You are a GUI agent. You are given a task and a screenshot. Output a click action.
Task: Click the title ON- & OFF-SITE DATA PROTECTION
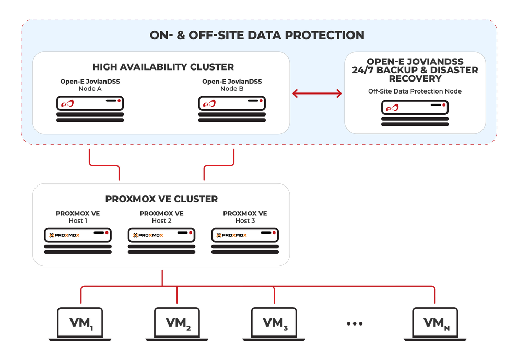point(257,36)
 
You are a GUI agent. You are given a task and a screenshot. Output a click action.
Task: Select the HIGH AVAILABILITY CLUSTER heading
point(163,67)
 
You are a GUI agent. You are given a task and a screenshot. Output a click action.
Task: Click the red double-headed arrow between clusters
point(317,94)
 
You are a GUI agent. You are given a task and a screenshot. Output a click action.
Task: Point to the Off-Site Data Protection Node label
point(415,91)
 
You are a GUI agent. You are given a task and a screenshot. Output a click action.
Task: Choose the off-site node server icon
point(415,112)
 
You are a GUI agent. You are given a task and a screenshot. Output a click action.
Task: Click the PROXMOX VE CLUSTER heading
point(161,199)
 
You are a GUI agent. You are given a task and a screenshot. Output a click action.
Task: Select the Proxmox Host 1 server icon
point(78,240)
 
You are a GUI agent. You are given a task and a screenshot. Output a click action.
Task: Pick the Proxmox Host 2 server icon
point(161,240)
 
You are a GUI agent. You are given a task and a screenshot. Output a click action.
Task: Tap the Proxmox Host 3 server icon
point(245,240)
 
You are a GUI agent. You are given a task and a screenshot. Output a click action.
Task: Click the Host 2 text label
point(161,221)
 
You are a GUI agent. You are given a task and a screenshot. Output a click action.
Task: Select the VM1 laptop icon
point(80,323)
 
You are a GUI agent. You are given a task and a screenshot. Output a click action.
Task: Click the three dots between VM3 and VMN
point(355,324)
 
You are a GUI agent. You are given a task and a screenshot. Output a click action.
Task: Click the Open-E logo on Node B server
point(210,103)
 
